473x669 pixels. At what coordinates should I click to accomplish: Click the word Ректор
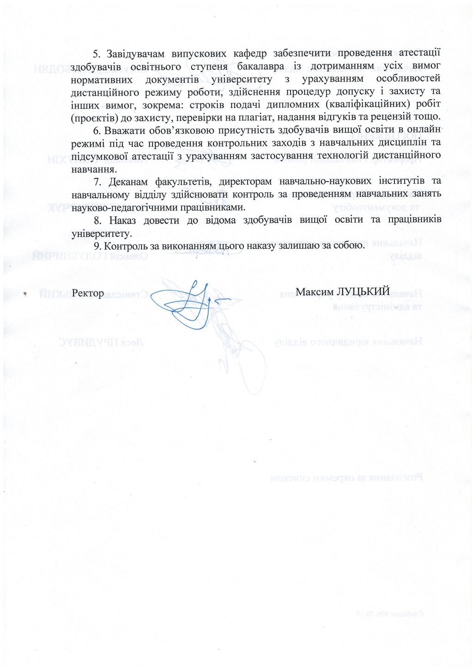tap(88, 293)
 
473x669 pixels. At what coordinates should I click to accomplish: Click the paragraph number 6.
tap(97, 130)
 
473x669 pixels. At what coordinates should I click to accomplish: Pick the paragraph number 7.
tap(97, 181)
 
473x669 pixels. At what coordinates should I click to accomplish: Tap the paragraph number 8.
tap(97, 220)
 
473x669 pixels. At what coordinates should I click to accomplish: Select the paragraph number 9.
tap(97, 246)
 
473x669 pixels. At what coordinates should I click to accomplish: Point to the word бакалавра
tap(260, 66)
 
